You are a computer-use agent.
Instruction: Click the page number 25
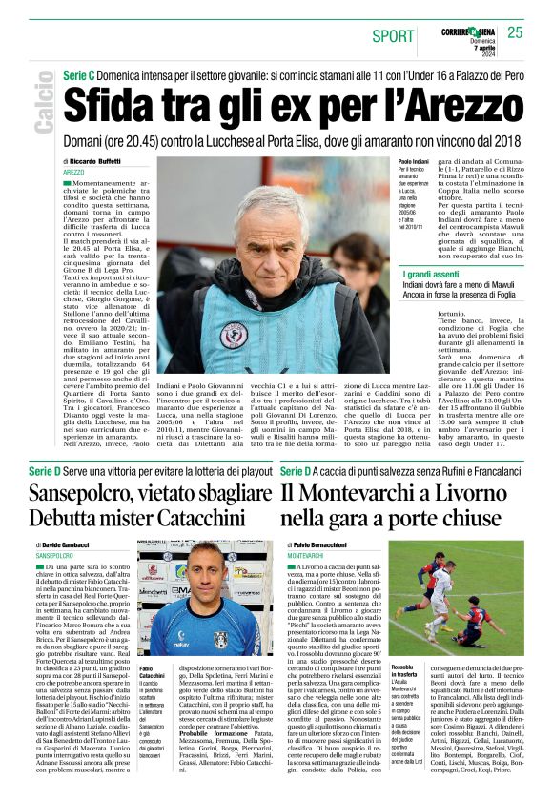[515, 32]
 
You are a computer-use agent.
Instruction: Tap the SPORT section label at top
[394, 35]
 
